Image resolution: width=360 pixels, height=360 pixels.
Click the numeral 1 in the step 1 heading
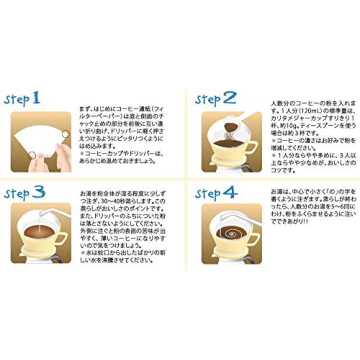[35, 98]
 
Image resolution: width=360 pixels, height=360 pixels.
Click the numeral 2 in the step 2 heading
[230, 98]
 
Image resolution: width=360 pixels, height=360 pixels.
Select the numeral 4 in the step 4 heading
[231, 191]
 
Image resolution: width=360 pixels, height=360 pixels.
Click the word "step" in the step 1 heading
[16, 100]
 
